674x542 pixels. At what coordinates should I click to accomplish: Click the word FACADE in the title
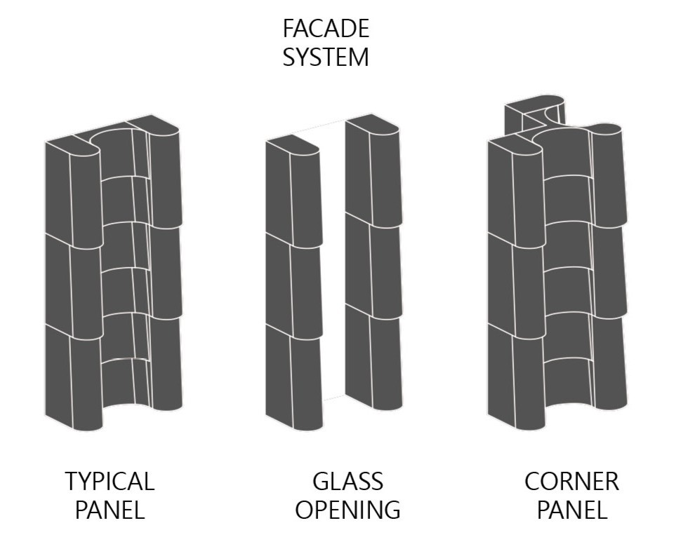tap(326, 29)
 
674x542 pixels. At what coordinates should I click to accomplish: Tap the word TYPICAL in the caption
tap(110, 482)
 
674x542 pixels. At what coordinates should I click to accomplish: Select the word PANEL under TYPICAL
tap(110, 510)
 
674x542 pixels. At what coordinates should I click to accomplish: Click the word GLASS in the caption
tap(348, 482)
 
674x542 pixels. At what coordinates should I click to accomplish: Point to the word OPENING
tap(348, 510)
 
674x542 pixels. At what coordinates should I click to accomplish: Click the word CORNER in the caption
tap(571, 482)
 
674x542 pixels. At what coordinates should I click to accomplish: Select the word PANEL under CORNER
tap(571, 510)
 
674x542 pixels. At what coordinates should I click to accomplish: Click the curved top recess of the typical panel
tap(112, 140)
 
